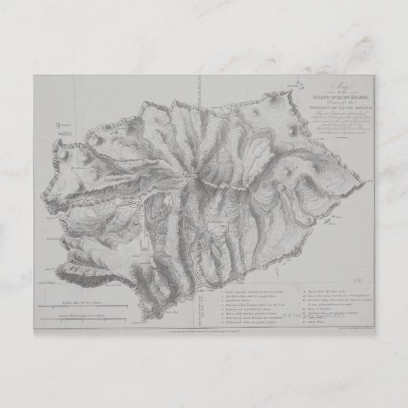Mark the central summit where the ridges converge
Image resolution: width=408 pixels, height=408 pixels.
202,176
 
